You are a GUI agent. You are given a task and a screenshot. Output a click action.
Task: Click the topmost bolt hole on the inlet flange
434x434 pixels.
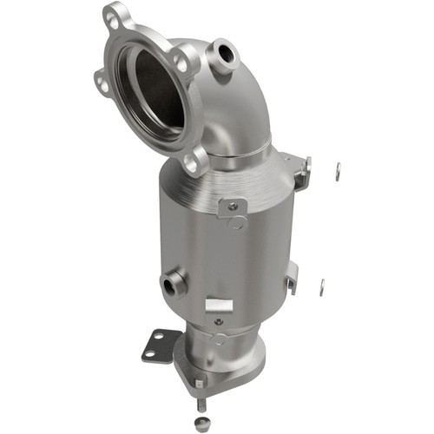click(x=112, y=15)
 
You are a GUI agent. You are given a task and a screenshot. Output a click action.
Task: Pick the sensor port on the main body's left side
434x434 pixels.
click(x=170, y=282)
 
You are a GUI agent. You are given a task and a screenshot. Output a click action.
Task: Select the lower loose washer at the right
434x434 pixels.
click(x=322, y=286)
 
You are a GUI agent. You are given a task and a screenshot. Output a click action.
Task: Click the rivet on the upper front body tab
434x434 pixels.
click(x=231, y=206)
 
